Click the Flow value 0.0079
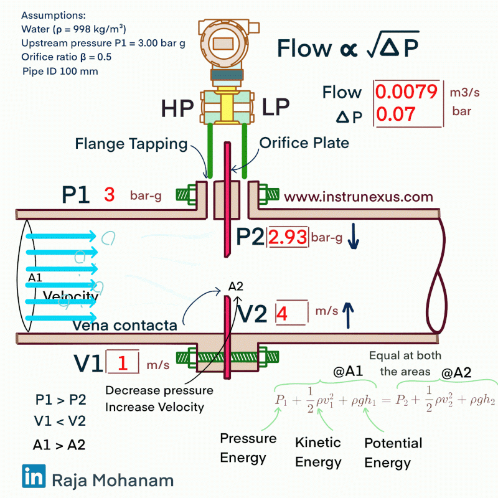click(407, 93)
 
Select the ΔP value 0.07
click(396, 115)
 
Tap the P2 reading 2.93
click(288, 237)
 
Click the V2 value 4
click(281, 313)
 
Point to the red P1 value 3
click(110, 195)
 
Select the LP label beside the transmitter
click(275, 107)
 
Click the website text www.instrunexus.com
click(358, 197)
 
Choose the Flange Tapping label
click(131, 144)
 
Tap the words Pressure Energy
click(248, 448)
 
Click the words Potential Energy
click(393, 453)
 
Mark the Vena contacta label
click(124, 325)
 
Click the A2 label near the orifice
click(235, 286)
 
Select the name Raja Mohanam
click(113, 480)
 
